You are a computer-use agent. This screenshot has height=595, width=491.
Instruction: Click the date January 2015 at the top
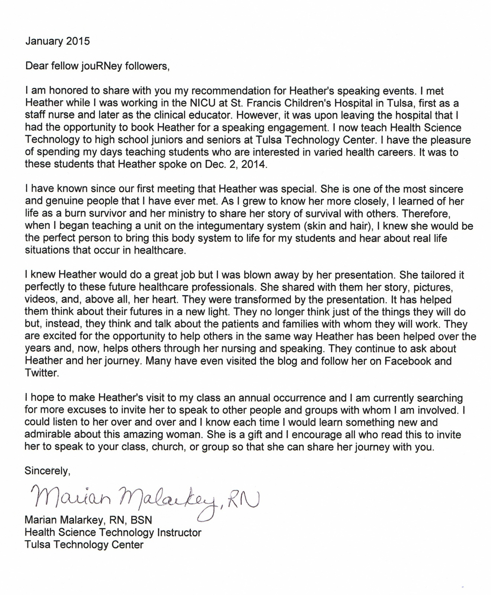57,41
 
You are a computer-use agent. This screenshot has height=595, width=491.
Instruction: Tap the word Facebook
407,361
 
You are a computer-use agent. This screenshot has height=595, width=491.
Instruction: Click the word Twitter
42,373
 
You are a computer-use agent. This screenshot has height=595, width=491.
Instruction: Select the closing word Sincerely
47,471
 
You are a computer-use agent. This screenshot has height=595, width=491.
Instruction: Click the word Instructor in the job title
179,532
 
